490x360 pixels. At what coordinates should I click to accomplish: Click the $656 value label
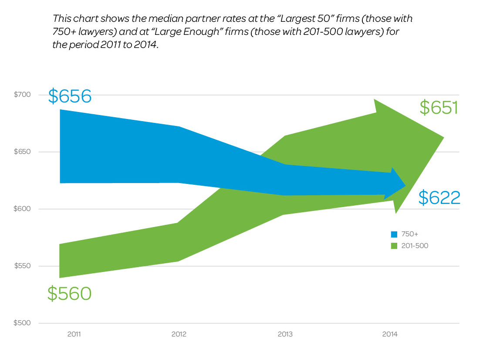pyautogui.click(x=70, y=96)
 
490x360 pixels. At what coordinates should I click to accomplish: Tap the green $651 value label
pyautogui.click(x=439, y=108)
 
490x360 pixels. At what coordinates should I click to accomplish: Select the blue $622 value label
pyautogui.click(x=439, y=198)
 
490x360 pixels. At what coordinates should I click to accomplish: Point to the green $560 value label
pyautogui.click(x=69, y=293)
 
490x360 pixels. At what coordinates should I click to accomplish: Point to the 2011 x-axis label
pyautogui.click(x=74, y=334)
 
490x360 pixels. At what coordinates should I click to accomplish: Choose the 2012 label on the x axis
pyautogui.click(x=179, y=334)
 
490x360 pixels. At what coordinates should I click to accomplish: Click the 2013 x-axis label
pyautogui.click(x=285, y=334)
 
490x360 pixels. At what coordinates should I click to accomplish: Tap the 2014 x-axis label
pyautogui.click(x=390, y=334)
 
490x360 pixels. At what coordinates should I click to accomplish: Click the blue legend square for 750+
pyautogui.click(x=394, y=234)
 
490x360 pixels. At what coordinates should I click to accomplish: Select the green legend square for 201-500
pyautogui.click(x=394, y=246)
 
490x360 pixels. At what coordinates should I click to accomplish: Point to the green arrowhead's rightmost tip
pyautogui.click(x=443, y=138)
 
